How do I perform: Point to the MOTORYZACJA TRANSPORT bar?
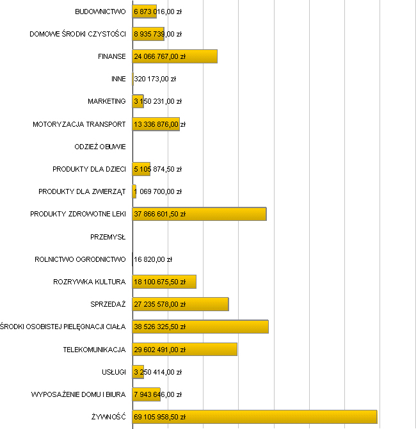[x=156, y=124]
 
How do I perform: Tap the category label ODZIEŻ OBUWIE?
[x=100, y=147]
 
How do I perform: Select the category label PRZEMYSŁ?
[x=108, y=237]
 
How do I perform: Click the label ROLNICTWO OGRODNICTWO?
[x=80, y=259]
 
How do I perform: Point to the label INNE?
[x=118, y=79]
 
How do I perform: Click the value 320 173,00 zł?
[x=155, y=79]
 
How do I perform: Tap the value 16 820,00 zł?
[x=153, y=259]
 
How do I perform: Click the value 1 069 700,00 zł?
[x=158, y=191]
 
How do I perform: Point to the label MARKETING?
[x=107, y=101]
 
